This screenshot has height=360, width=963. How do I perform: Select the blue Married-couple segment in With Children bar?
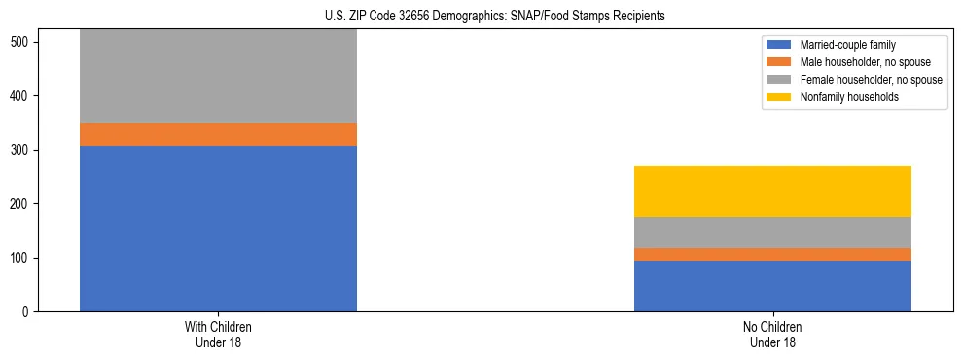point(218,229)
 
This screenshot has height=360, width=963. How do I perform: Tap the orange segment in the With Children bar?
point(218,134)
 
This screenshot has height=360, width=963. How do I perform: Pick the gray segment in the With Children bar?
point(218,76)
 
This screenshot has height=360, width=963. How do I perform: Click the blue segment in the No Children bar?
point(772,286)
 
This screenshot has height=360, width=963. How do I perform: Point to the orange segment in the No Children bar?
point(772,254)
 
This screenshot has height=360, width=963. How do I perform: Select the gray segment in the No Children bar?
point(772,233)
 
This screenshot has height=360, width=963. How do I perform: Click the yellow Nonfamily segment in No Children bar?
point(772,192)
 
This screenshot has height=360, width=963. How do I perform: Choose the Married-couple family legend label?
point(847,45)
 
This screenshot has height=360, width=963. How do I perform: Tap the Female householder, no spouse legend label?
point(872,80)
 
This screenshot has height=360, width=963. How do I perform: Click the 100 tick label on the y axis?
point(21,258)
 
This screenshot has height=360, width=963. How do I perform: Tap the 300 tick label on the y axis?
point(21,151)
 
